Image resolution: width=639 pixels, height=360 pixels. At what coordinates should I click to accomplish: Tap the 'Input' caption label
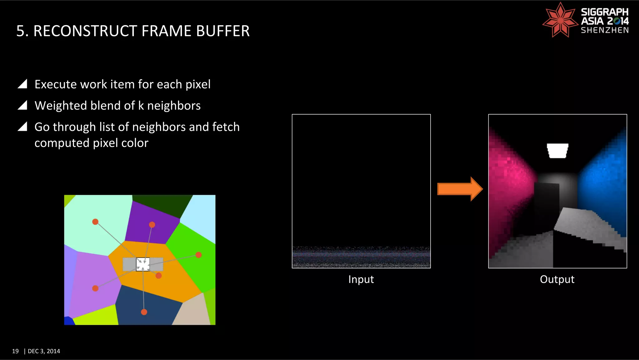[361, 279]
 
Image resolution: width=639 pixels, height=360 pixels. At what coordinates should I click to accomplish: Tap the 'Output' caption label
[557, 279]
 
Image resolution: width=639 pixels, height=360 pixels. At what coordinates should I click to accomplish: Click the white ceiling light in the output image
[558, 150]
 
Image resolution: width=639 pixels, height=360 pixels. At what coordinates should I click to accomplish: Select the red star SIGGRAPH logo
[560, 20]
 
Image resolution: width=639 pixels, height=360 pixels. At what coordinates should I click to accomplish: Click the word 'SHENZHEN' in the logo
[605, 30]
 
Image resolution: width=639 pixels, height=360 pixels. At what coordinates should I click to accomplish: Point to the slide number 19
[15, 351]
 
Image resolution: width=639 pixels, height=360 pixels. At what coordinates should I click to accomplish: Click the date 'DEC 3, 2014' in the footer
[44, 351]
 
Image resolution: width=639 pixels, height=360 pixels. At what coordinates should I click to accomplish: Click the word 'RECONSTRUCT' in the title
[85, 31]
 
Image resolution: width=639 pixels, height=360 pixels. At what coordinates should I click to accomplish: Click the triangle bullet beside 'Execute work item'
[22, 84]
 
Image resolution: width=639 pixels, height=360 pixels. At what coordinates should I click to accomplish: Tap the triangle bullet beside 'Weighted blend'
[22, 105]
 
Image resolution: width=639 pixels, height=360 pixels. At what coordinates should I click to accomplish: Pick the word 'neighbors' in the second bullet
[174, 106]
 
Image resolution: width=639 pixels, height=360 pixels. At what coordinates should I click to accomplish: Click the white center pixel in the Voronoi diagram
[143, 264]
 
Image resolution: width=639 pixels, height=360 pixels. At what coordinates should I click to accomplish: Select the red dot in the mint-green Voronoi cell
[95, 222]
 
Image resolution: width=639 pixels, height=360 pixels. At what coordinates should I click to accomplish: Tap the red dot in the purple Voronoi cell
[152, 224]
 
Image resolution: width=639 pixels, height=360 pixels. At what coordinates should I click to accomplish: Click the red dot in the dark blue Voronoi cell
[144, 312]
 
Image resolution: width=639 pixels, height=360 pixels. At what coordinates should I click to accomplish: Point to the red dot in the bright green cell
[198, 255]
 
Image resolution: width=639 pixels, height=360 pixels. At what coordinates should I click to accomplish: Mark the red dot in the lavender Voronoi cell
[95, 288]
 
